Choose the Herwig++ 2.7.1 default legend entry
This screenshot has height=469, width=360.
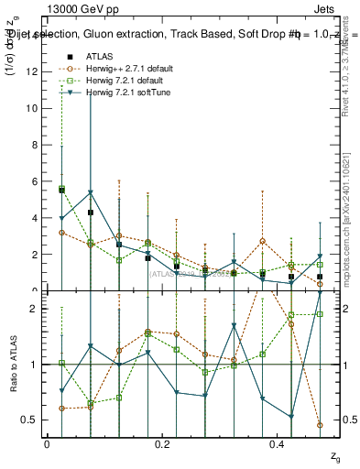coord(122,69)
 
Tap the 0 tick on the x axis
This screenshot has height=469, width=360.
coord(47,443)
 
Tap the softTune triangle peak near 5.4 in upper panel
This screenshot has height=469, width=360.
coord(91,192)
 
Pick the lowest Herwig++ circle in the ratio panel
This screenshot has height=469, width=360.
coord(320,425)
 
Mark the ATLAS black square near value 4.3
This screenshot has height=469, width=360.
coord(91,213)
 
